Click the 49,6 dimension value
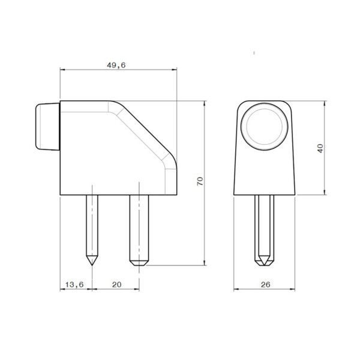(x=116, y=65)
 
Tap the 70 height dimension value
(x=200, y=181)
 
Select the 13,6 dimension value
(x=74, y=284)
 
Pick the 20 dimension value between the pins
(x=116, y=284)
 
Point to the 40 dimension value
(x=320, y=148)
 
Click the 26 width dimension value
(x=266, y=284)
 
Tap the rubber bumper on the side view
(x=48, y=127)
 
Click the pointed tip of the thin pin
(x=92, y=265)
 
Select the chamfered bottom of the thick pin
(x=139, y=262)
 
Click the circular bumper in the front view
(x=264, y=127)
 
